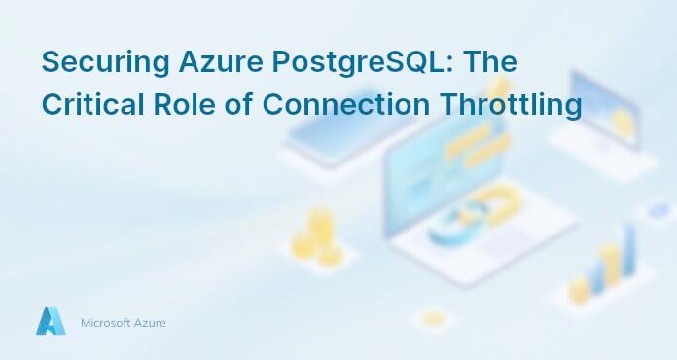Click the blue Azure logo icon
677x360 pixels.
pos(51,322)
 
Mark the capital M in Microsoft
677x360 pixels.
pos(85,322)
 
